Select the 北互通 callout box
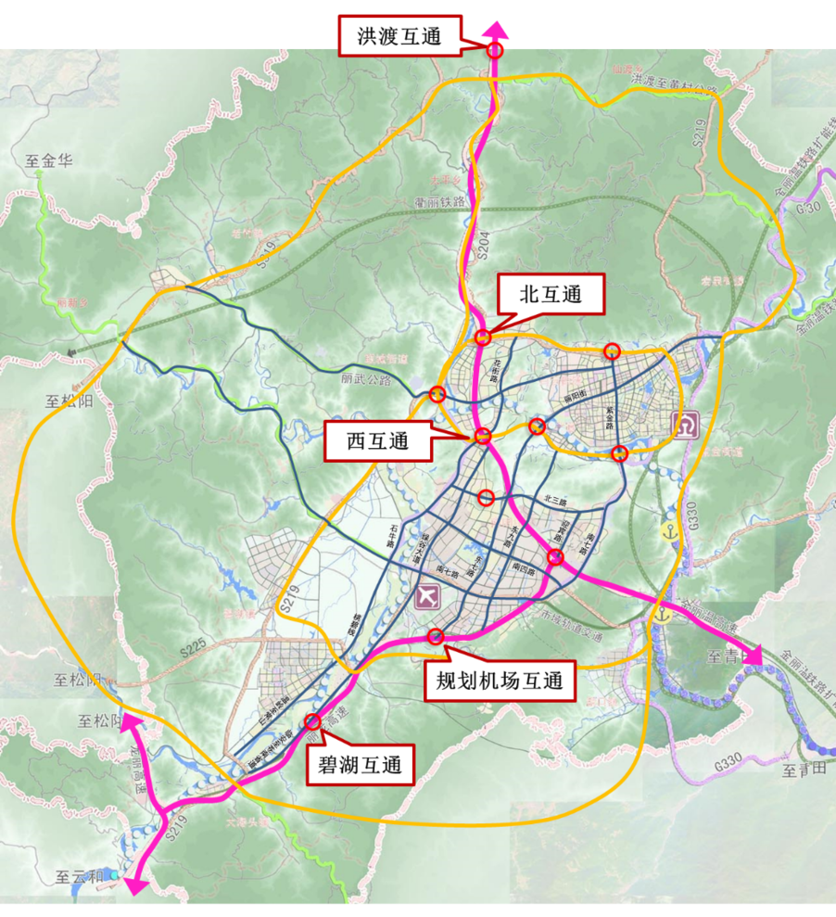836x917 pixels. (x=551, y=295)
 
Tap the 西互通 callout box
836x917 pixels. (x=378, y=442)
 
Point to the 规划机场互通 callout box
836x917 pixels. (x=500, y=681)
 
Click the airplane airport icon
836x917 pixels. (x=430, y=595)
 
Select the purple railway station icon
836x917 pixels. (x=687, y=425)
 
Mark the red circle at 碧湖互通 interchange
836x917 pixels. (x=312, y=721)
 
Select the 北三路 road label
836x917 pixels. (x=555, y=501)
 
